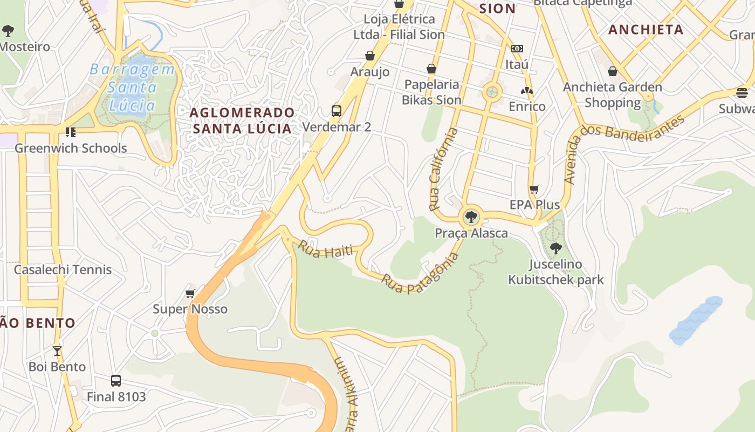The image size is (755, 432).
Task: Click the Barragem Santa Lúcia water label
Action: point(132,86)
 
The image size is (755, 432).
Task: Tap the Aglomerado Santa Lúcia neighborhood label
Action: point(243,120)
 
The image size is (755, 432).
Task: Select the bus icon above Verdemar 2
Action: point(337,111)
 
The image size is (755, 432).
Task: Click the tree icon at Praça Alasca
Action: point(471,217)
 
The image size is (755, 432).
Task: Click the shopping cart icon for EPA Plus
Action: point(534,189)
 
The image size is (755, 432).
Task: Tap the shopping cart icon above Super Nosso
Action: point(190,293)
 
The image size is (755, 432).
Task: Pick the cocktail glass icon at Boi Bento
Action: point(57,350)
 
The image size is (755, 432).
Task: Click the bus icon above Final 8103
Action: point(116,380)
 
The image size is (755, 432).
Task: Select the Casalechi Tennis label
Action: point(63,269)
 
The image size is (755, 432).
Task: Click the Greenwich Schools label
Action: point(71,148)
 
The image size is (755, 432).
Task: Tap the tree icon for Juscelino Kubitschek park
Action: point(555,248)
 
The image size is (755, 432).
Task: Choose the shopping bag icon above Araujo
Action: point(370,56)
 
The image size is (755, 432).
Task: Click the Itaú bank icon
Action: point(517,49)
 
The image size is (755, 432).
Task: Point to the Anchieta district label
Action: point(646,30)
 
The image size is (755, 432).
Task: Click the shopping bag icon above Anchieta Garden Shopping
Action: point(613,71)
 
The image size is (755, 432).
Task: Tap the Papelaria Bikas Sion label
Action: point(431,92)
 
